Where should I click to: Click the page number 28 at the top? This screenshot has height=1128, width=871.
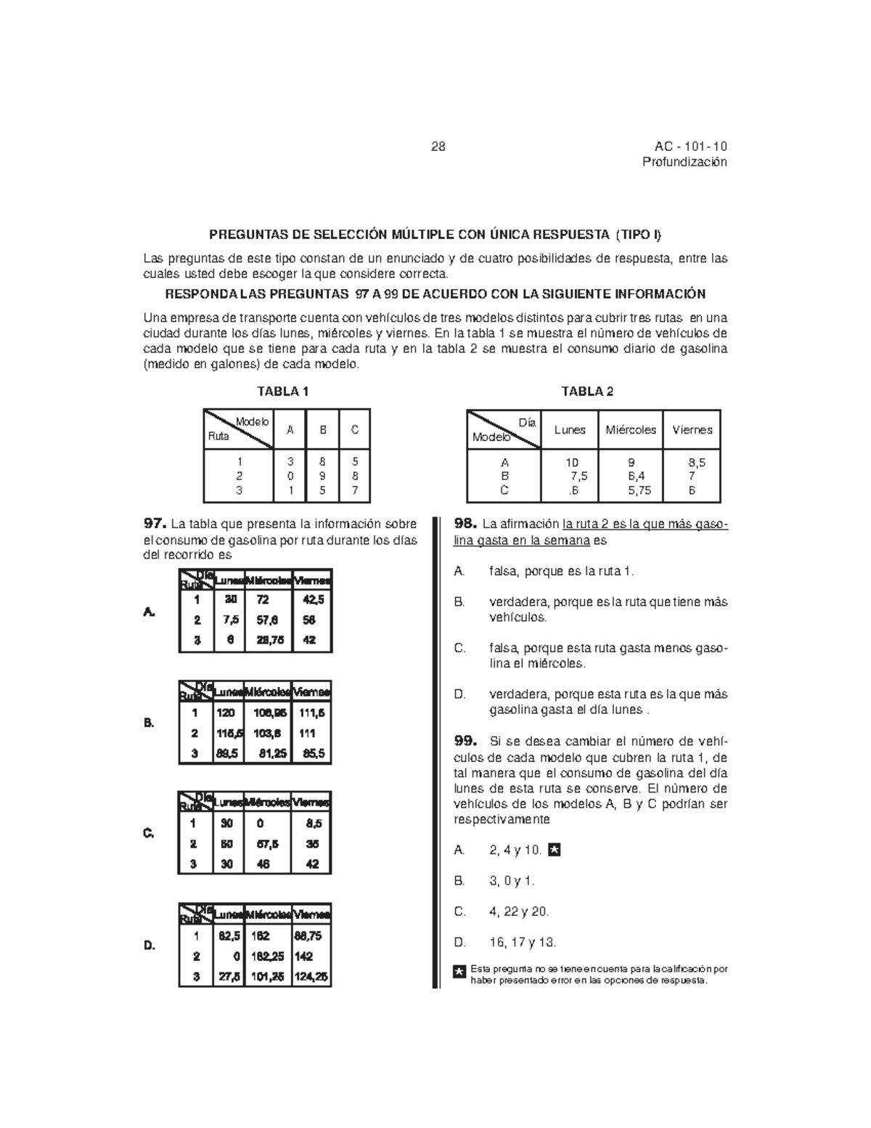pyautogui.click(x=438, y=147)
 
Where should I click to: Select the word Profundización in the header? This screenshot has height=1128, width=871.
pyautogui.click(x=684, y=162)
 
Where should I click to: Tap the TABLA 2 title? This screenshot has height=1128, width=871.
pyautogui.click(x=587, y=391)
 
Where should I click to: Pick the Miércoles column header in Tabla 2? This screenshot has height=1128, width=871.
pyautogui.click(x=631, y=430)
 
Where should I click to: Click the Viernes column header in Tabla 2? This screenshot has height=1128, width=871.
pyautogui.click(x=692, y=430)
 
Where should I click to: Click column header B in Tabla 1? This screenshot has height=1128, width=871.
pyautogui.click(x=323, y=430)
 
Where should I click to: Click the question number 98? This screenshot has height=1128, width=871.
pyautogui.click(x=465, y=524)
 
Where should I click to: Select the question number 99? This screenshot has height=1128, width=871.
pyautogui.click(x=465, y=742)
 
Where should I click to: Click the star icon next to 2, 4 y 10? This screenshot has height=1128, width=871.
pyautogui.click(x=555, y=850)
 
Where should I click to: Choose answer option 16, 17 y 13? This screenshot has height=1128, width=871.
pyautogui.click(x=523, y=943)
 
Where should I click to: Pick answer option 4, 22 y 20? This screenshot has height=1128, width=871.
pyautogui.click(x=520, y=912)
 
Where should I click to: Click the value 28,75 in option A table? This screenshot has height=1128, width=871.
pyautogui.click(x=269, y=641)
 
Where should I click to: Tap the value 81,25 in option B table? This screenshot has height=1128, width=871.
pyautogui.click(x=274, y=754)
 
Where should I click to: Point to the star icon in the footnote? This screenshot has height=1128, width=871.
pyautogui.click(x=459, y=973)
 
